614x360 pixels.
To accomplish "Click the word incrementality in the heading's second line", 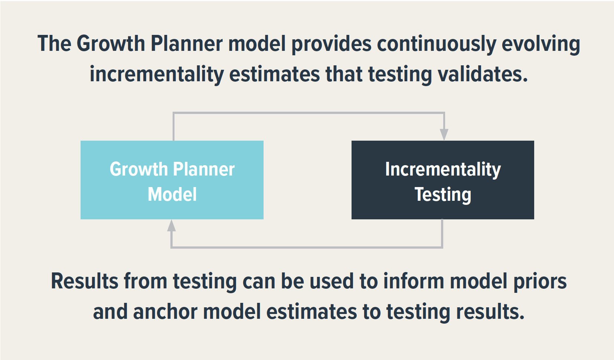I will pos(156,74).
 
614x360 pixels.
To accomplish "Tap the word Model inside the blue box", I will pos(172,194).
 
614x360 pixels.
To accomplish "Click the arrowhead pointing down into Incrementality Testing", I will pos(444,134).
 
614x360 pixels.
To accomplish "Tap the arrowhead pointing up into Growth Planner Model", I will pos(171,226).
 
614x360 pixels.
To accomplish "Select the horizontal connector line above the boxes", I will pos(308,113).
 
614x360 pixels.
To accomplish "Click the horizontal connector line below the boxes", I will pos(307,247).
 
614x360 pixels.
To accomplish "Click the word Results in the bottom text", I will pos(84,281).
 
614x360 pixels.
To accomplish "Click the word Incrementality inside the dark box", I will pos(443,170).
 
